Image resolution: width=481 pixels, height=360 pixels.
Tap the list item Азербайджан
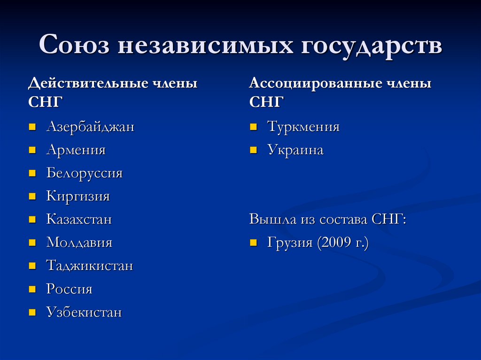[90, 127]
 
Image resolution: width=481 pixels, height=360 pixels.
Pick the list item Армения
[76, 150]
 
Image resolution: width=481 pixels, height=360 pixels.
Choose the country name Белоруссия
[84, 173]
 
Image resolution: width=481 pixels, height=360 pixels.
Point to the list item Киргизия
[78, 196]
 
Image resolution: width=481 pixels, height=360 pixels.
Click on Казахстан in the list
[79, 219]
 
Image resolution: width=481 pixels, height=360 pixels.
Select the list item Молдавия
[79, 243]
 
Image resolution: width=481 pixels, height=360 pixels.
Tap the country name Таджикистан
[89, 266]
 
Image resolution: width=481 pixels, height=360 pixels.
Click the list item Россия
[69, 289]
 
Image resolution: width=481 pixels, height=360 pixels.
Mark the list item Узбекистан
[84, 313]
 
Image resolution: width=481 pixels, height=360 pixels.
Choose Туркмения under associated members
[303, 127]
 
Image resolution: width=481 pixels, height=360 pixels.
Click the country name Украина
[295, 150]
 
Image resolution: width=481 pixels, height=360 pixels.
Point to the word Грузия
[290, 243]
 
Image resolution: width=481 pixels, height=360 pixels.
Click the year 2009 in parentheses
[335, 243]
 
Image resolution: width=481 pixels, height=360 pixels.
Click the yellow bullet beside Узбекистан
[32, 312]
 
